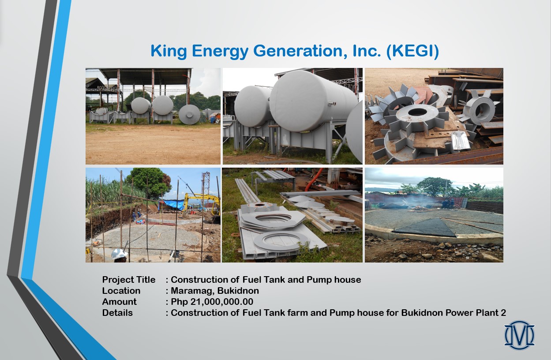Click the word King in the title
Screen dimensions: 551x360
tap(169, 52)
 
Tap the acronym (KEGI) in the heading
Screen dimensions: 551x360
tap(412, 52)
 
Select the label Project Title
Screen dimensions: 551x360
tap(129, 280)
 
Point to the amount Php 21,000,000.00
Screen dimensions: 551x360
tap(212, 302)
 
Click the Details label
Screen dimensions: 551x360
tap(117, 313)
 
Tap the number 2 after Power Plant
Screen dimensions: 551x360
tap(503, 313)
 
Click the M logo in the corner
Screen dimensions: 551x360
tap(519, 335)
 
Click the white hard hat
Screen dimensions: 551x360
tap(119, 254)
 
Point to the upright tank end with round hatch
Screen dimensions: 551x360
tap(189, 114)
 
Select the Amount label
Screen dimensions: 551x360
tap(119, 302)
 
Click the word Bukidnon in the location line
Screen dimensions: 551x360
tap(238, 291)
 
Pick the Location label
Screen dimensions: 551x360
tap(121, 291)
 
